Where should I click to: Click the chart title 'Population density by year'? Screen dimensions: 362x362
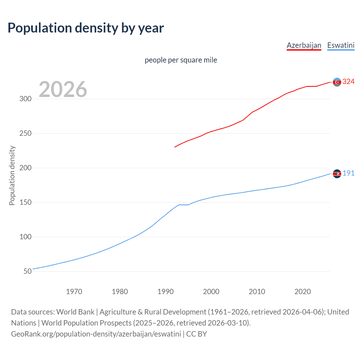86,28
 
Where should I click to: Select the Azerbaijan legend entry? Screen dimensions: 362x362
304,45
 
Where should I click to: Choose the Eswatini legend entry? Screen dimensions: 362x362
341,45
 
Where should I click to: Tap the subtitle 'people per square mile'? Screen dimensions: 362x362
181,60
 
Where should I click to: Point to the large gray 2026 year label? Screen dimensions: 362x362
63,89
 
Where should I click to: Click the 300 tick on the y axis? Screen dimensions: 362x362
25,99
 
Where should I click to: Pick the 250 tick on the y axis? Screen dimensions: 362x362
25,133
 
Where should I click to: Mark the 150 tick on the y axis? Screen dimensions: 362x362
25,202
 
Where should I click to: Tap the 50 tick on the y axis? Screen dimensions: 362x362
27,271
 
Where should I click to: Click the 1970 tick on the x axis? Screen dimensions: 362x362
74,292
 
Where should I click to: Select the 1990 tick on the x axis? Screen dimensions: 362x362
165,292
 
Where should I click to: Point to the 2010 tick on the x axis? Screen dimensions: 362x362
257,292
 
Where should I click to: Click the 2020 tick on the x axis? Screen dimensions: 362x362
303,292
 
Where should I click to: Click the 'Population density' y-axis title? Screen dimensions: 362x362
12,175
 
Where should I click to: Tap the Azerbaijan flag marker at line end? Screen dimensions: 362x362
337,82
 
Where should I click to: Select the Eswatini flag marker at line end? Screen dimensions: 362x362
337,174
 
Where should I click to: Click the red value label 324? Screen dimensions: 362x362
348,82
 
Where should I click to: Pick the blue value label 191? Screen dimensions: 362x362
348,173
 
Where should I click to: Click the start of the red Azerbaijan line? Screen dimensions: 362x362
175,147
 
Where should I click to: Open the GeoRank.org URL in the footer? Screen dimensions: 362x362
96,334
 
